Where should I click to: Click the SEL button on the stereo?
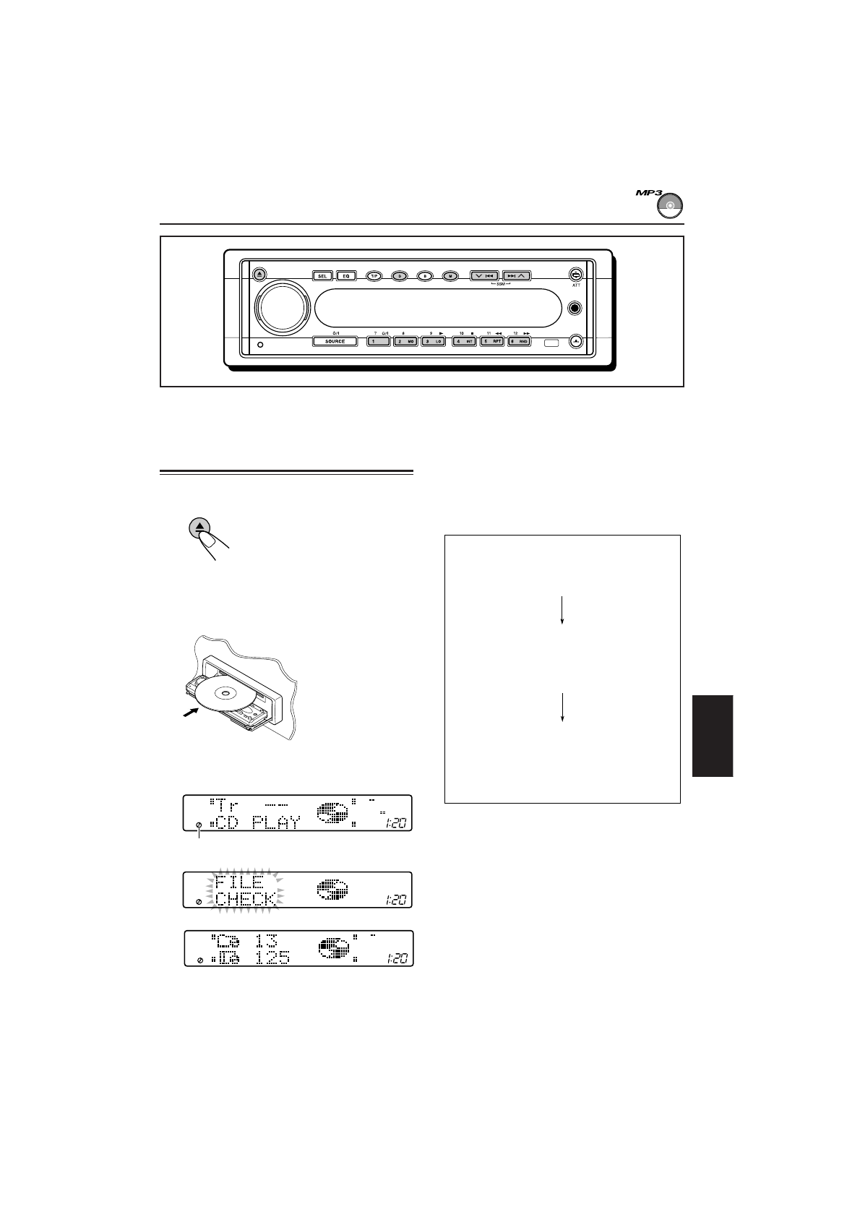322,275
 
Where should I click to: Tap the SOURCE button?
335,341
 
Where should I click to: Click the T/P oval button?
374,275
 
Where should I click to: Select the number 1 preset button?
379,341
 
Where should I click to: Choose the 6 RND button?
519,341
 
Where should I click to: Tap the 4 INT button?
464,341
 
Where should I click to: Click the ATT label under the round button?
575,285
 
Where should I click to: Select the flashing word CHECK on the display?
245,899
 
